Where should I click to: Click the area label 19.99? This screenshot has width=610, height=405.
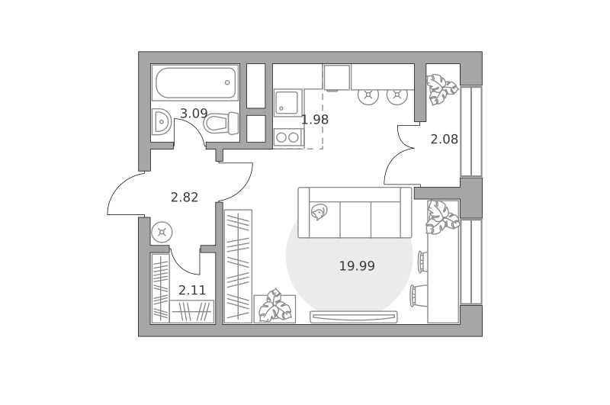[x=357, y=266]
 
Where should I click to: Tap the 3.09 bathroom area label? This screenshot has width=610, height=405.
[x=194, y=114]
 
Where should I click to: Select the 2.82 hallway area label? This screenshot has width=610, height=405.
[x=185, y=198]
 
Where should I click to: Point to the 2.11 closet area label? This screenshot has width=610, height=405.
[x=192, y=291]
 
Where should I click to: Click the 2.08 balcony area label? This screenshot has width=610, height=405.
[x=444, y=140]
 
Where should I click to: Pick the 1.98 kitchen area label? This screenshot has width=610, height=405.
[x=315, y=120]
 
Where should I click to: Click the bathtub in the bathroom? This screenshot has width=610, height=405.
[x=195, y=82]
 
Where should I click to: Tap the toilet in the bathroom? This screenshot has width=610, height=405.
[x=221, y=124]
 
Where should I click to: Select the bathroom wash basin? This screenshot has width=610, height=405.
[x=161, y=122]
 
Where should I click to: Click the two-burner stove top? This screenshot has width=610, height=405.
[x=288, y=137]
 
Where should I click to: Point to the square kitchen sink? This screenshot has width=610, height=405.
[x=288, y=102]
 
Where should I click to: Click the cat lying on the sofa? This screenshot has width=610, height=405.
[x=319, y=212]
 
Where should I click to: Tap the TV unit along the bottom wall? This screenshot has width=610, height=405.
[x=354, y=317]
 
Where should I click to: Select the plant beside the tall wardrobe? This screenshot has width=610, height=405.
[x=275, y=306]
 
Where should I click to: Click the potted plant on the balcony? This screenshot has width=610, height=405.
[x=442, y=89]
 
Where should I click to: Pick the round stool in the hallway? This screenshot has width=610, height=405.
[x=162, y=233]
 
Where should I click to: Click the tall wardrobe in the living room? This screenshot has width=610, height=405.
[x=239, y=266]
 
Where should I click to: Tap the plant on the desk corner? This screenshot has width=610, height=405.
[x=442, y=217]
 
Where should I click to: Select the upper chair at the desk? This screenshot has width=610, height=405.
[x=423, y=262]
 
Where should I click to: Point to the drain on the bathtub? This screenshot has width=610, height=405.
[x=227, y=82]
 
